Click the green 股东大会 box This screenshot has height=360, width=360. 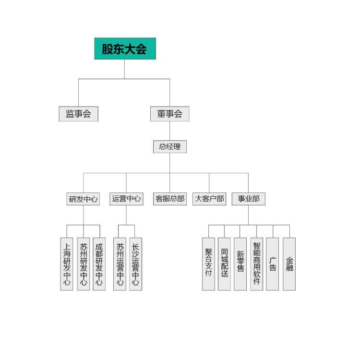[x=125, y=48]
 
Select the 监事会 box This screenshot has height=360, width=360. [x=79, y=114]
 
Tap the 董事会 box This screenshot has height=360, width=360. [x=169, y=114]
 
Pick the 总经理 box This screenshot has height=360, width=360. [x=169, y=146]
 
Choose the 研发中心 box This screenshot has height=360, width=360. [x=83, y=199]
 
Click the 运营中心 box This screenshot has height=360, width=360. [x=126, y=199]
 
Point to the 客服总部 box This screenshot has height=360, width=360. [x=170, y=199]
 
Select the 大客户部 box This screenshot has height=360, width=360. [x=209, y=199]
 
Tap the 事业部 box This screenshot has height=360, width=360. [x=249, y=199]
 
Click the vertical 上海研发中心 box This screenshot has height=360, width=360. [x=67, y=264]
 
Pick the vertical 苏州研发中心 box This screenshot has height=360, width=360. [x=84, y=264]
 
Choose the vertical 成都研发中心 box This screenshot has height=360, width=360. [x=99, y=264]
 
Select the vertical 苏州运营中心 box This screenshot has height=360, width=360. [x=120, y=264]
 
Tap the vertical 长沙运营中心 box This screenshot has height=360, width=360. [x=135, y=264]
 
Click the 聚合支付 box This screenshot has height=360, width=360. [x=208, y=264]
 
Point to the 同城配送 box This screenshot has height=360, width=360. [x=224, y=264]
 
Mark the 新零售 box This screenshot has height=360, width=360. [x=240, y=264]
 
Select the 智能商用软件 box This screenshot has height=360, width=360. [x=257, y=264]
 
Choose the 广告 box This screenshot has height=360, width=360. [x=273, y=264]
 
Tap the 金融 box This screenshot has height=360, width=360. [x=289, y=264]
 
